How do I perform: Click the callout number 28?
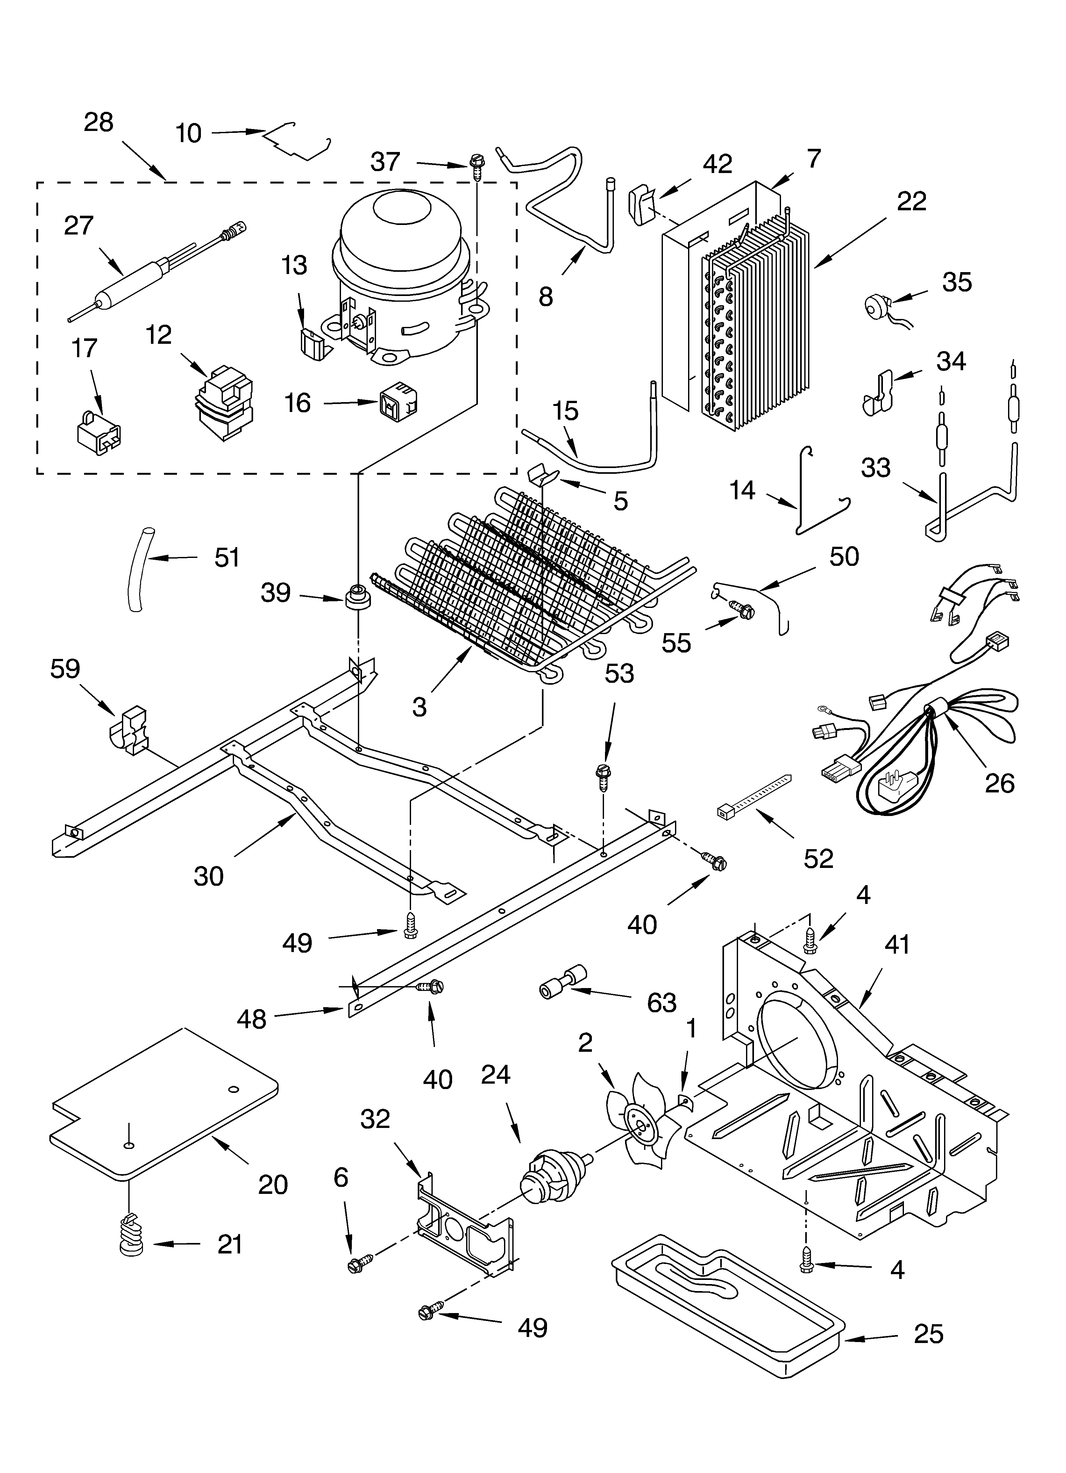click(99, 122)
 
